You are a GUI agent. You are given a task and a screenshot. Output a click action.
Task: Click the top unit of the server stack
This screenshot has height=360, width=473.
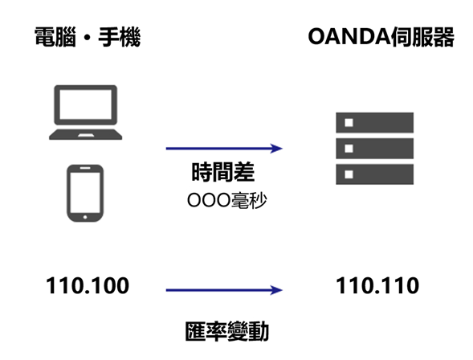(x=373, y=123)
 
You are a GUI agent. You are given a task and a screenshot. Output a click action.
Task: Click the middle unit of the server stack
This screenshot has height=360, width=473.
(x=373, y=149)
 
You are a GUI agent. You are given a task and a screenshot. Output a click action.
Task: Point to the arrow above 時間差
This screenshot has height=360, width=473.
(x=224, y=148)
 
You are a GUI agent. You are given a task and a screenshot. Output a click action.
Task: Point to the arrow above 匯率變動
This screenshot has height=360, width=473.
(x=224, y=290)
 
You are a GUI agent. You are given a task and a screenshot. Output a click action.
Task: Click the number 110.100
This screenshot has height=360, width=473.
(x=88, y=285)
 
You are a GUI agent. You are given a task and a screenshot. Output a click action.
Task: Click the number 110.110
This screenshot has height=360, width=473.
(x=377, y=285)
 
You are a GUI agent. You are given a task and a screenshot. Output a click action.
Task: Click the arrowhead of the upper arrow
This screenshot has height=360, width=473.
(x=278, y=148)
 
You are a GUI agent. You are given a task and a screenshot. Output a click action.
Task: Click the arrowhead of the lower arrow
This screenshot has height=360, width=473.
(x=278, y=290)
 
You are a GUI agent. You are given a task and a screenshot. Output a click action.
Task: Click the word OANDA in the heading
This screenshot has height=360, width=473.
(x=347, y=36)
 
